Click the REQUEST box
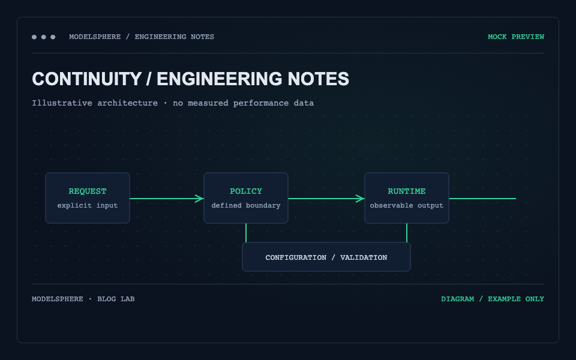click(x=88, y=198)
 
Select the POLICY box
click(x=246, y=198)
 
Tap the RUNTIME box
click(x=407, y=198)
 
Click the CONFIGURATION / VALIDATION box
click(x=326, y=257)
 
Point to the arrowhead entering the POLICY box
click(x=199, y=199)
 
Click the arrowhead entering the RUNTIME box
click(x=361, y=199)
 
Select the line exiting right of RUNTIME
click(x=482, y=199)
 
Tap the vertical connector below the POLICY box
click(x=246, y=233)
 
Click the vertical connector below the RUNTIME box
click(x=407, y=233)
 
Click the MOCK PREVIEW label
click(x=516, y=37)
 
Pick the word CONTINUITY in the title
click(x=86, y=79)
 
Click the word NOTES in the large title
click(x=318, y=79)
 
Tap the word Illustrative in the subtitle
click(x=62, y=103)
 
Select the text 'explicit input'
click(x=88, y=205)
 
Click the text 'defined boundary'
click(x=246, y=205)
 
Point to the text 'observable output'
click(x=407, y=205)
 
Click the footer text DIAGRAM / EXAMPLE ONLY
click(x=493, y=299)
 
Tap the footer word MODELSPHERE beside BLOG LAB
click(x=58, y=299)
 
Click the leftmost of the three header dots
click(x=34, y=37)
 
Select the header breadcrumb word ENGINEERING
click(x=161, y=37)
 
